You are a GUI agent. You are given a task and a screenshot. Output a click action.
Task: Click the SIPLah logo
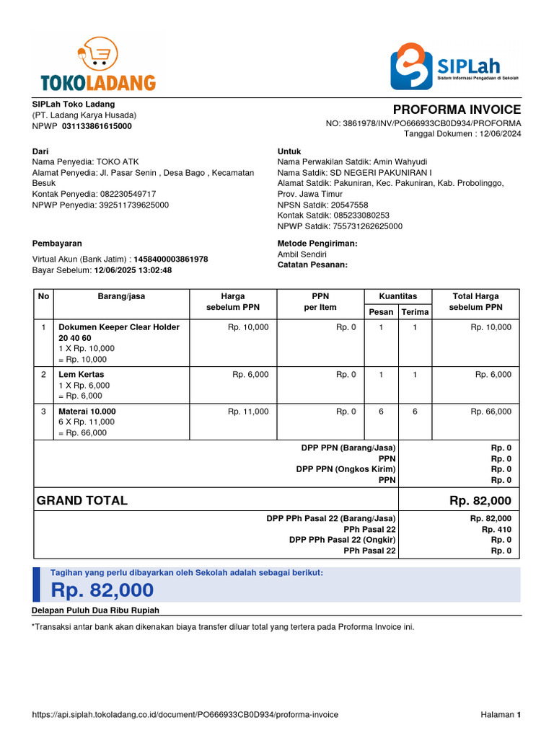[454, 66]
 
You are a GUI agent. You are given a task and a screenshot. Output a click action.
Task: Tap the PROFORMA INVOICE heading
[457, 110]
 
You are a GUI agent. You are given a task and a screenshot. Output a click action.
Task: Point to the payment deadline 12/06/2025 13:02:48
[133, 270]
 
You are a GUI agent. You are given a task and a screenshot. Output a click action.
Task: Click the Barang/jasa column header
[121, 296]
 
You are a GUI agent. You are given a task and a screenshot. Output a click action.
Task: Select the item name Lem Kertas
[82, 375]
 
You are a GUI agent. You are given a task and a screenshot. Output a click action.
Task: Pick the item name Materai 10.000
[87, 412]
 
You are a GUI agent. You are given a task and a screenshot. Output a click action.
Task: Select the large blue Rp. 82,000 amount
[102, 590]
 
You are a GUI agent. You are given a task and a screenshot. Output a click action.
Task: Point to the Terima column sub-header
[415, 312]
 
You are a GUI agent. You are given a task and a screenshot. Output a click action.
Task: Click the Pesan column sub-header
[381, 312]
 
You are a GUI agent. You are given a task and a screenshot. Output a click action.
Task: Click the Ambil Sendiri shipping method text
[302, 254]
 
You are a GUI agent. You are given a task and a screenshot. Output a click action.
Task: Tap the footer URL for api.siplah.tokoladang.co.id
[185, 715]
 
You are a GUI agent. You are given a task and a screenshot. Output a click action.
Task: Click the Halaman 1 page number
[501, 715]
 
